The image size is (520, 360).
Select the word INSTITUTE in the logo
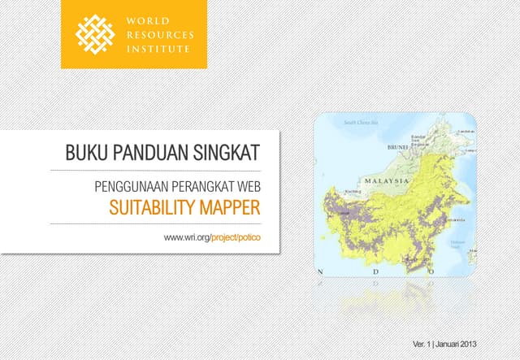[x=157, y=49]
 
